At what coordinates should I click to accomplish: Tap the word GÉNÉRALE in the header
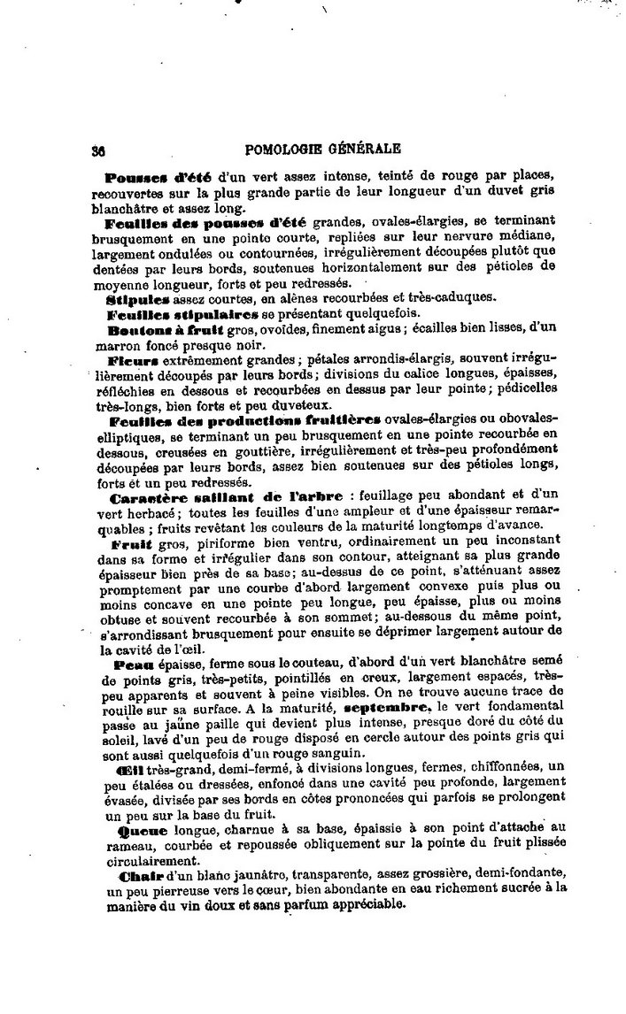coord(367,149)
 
